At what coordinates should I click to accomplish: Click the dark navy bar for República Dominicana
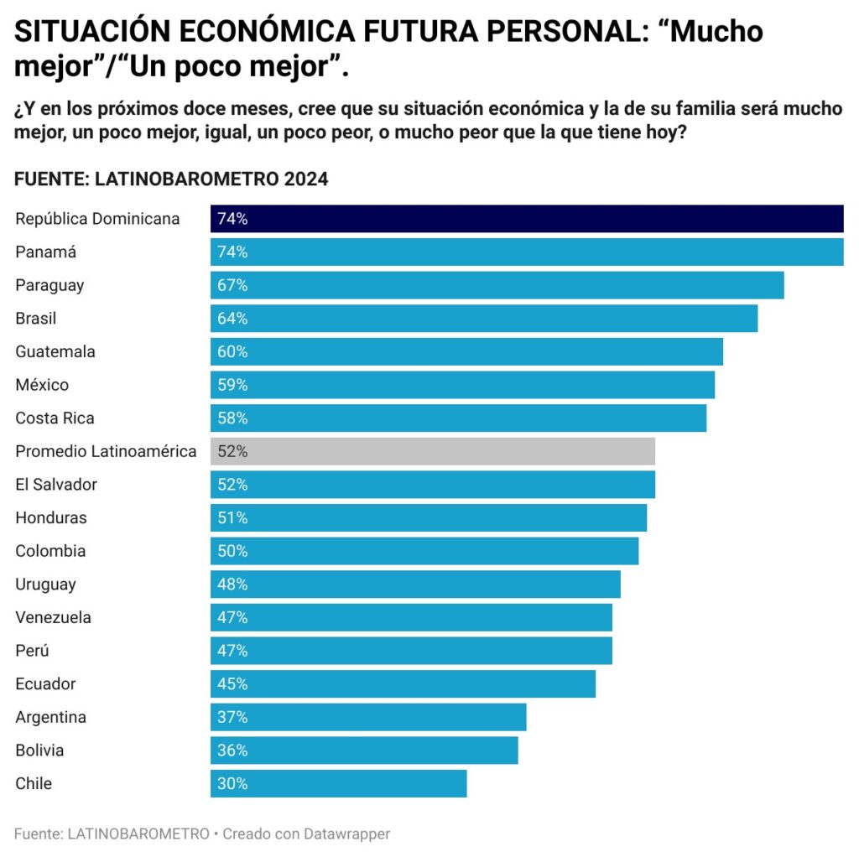tap(527, 219)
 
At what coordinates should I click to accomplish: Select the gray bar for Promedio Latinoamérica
tap(433, 451)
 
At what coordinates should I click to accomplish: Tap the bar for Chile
tap(339, 783)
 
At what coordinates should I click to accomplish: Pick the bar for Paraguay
tap(497, 285)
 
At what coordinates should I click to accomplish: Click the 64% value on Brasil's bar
tap(232, 319)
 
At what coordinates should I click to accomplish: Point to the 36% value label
tap(232, 751)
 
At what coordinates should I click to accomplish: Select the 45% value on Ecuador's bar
tap(232, 684)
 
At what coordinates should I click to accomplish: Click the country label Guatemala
tap(55, 352)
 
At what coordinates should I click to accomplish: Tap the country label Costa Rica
tap(55, 418)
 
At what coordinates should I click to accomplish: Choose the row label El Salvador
tap(56, 485)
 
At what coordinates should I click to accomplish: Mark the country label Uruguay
tap(45, 584)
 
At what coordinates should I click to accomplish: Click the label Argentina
tap(50, 718)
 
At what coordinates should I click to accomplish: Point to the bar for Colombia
tap(424, 551)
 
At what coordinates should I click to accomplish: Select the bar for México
tap(462, 385)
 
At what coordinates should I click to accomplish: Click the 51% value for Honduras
tap(232, 518)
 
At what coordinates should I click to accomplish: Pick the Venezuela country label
tap(53, 618)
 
